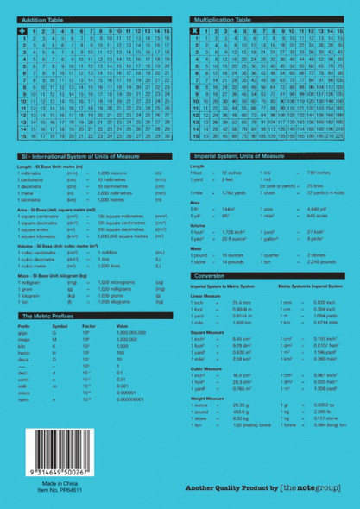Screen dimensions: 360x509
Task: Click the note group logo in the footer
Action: pyautogui.click(x=306, y=489)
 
